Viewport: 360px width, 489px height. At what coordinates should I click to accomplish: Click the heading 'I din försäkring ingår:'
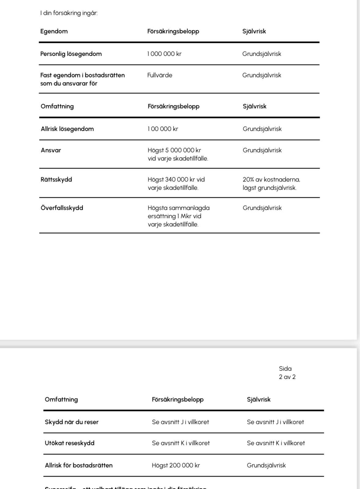click(x=69, y=13)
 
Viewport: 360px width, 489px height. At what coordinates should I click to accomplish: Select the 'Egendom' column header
click(x=54, y=31)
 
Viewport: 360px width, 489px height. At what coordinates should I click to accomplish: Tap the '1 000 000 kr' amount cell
click(x=164, y=54)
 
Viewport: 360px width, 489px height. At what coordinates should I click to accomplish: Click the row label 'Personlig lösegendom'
click(x=71, y=54)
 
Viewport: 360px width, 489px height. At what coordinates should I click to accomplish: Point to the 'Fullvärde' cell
click(x=160, y=75)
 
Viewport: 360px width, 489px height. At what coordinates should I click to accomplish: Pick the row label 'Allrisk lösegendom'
click(x=67, y=129)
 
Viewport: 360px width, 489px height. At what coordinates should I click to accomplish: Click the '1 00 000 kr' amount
click(x=163, y=129)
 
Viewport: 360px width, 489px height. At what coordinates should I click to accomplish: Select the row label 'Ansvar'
click(x=51, y=150)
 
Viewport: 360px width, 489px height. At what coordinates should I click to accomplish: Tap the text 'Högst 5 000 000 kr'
click(x=174, y=150)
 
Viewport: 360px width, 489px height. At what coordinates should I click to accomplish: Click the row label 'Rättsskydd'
click(x=56, y=180)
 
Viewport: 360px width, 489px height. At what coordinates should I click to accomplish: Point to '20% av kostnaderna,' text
click(x=271, y=180)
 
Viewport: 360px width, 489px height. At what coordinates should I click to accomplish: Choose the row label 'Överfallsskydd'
click(x=62, y=208)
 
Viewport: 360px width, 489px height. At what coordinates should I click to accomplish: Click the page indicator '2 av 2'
click(x=287, y=377)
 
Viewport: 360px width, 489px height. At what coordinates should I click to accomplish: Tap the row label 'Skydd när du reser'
click(x=72, y=422)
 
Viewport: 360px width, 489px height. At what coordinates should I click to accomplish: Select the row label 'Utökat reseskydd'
click(x=70, y=443)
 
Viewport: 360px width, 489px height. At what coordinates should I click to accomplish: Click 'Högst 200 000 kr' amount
click(x=176, y=466)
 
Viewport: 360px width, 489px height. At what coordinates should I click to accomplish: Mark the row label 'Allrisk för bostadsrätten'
click(x=79, y=466)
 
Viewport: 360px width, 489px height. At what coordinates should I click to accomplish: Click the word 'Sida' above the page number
click(x=285, y=369)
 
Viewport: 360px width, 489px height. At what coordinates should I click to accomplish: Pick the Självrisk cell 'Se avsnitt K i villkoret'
click(x=276, y=443)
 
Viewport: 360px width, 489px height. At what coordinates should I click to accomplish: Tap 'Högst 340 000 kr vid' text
click(x=176, y=180)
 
